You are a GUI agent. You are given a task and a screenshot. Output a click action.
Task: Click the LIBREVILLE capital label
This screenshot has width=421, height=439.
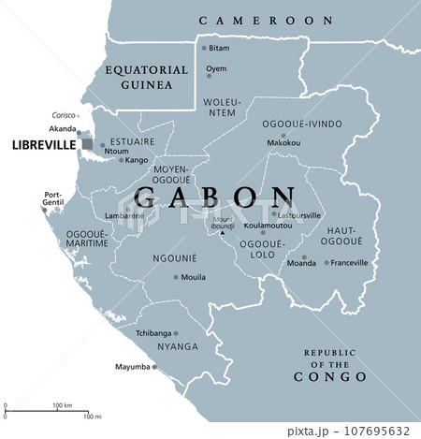[x=41, y=146]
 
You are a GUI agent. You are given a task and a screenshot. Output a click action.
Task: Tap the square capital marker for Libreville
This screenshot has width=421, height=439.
[x=87, y=144]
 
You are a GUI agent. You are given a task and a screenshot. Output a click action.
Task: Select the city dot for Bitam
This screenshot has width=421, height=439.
[x=204, y=47]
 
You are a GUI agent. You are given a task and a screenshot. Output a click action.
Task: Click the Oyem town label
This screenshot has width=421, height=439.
[x=217, y=68]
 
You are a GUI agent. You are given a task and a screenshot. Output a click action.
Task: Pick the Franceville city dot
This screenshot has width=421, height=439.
[x=327, y=263]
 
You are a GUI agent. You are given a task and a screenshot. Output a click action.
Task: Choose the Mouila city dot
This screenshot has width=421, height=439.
[x=176, y=277]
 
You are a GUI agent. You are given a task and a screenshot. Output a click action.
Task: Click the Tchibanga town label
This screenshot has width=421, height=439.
[x=153, y=332]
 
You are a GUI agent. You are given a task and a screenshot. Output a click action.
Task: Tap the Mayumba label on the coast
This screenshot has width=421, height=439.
[x=131, y=367]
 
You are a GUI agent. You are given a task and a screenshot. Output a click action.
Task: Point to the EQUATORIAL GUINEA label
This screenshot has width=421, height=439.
[x=138, y=77]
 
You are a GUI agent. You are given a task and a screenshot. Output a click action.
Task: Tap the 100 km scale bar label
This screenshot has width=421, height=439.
[x=63, y=405]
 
